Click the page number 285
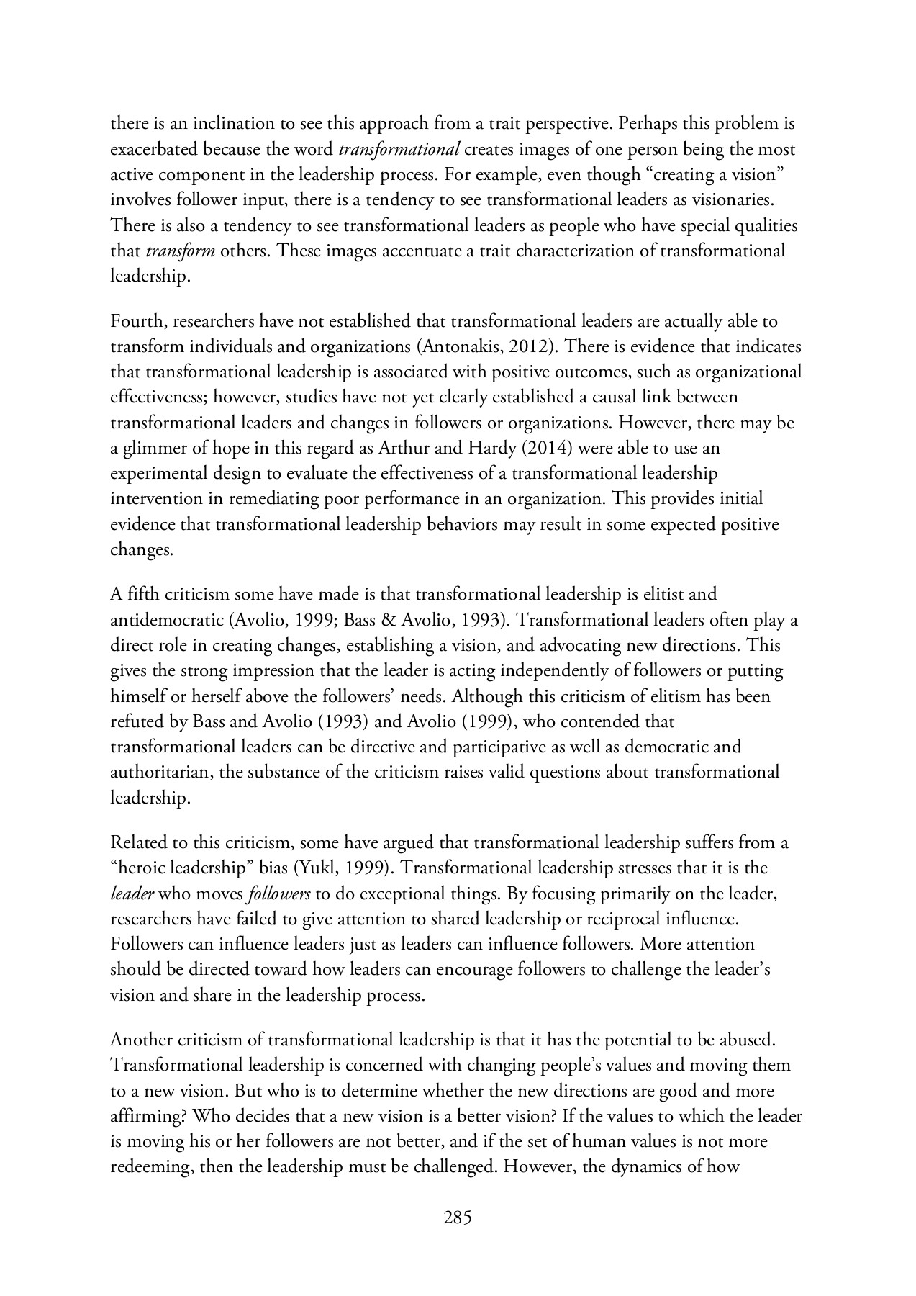[x=458, y=1219]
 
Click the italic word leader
[x=132, y=894]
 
